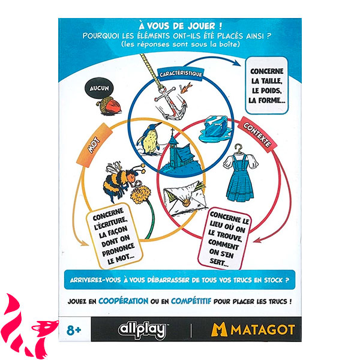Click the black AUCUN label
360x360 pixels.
click(99, 88)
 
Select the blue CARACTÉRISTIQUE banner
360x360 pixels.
click(181, 74)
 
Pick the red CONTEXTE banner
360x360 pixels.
click(257, 134)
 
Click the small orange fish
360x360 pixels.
click(186, 88)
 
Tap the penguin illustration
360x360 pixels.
click(149, 139)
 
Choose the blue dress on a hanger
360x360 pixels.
click(240, 173)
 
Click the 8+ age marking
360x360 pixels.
click(74, 330)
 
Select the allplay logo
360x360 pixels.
click(143, 330)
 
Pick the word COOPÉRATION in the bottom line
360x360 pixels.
click(123, 301)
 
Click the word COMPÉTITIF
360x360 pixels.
click(191, 301)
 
